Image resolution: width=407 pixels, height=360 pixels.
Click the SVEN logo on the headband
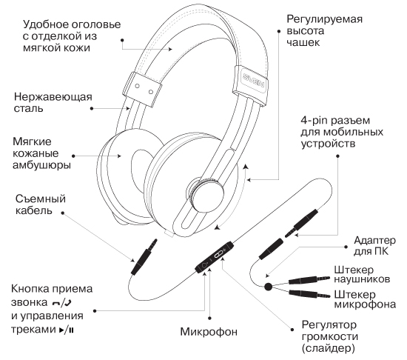[x=254, y=81]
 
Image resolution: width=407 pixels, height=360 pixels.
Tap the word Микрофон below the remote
[x=209, y=332]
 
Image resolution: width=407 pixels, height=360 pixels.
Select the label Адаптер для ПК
[x=374, y=246]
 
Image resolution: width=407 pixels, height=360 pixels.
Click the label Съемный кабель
[x=40, y=204]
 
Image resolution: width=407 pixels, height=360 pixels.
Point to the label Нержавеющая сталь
[x=53, y=102]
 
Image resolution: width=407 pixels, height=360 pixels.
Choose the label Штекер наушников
[x=362, y=274]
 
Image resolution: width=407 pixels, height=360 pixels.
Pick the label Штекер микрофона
[x=365, y=299]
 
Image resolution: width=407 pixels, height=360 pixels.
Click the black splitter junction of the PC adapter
[x=268, y=287]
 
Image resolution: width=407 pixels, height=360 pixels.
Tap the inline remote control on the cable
[x=214, y=256]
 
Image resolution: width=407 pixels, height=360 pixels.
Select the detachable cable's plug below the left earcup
[x=144, y=257]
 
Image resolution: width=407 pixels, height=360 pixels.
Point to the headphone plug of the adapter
[x=309, y=280]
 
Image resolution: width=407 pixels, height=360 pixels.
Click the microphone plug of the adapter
[x=309, y=294]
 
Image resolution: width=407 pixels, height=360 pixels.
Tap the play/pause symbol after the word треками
[x=67, y=330]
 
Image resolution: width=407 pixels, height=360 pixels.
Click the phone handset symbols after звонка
[x=61, y=303]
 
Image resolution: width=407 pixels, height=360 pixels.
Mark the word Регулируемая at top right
[x=324, y=20]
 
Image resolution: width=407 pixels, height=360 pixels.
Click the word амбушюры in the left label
[x=41, y=165]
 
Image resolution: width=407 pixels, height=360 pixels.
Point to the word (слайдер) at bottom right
[x=328, y=348]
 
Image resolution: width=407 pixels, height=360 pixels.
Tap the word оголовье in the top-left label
[x=96, y=24]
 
